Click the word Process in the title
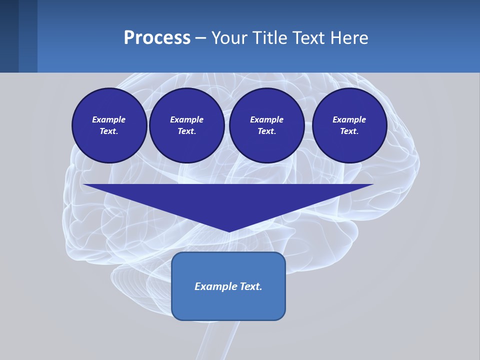pyautogui.click(x=157, y=38)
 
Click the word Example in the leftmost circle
pyautogui.click(x=109, y=119)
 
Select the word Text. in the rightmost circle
pyautogui.click(x=349, y=131)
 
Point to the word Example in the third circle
pyautogui.click(x=266, y=119)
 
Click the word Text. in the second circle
pyautogui.click(x=186, y=131)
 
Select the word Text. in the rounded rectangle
pyautogui.click(x=250, y=286)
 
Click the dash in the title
pyautogui.click(x=200, y=38)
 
